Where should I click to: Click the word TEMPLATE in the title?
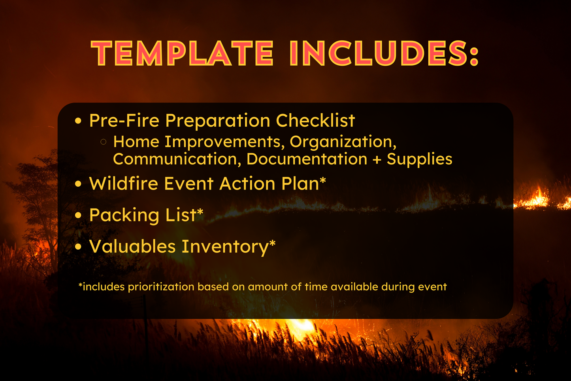tap(182, 53)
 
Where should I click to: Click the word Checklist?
tap(315, 121)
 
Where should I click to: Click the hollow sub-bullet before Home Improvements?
tap(104, 142)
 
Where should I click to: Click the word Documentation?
tap(307, 159)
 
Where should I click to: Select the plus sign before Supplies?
tap(377, 159)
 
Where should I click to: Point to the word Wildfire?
tap(123, 184)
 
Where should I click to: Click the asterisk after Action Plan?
tap(323, 180)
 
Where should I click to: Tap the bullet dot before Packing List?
tap(78, 215)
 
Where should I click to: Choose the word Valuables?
tap(132, 246)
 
